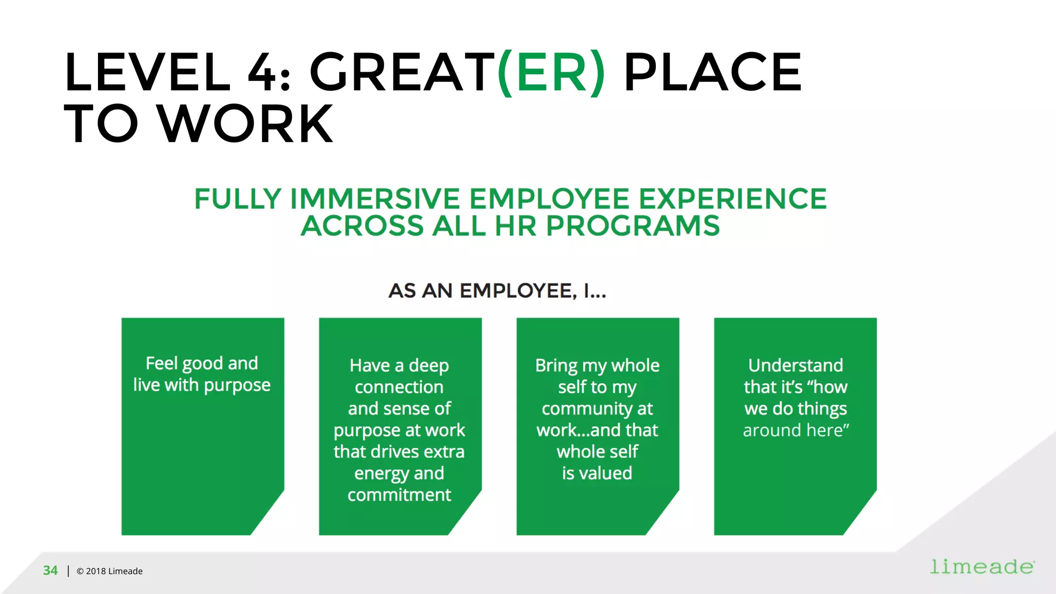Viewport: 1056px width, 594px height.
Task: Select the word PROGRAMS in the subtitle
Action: [x=633, y=226]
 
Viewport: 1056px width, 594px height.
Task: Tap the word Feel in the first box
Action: [x=161, y=363]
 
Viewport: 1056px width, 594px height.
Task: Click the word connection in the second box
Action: [x=399, y=387]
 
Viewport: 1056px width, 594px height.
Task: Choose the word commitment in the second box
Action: [x=399, y=495]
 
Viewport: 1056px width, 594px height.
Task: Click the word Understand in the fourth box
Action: [x=796, y=365]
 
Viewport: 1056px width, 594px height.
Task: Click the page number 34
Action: [x=51, y=571]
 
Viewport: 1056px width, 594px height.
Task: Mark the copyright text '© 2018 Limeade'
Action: [x=109, y=571]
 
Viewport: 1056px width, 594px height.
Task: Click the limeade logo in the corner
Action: [x=982, y=567]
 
